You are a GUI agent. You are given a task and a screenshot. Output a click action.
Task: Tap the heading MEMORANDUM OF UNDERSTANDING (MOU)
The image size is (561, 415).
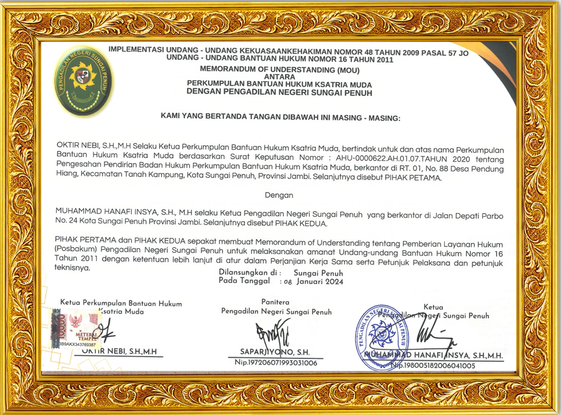point(280,69)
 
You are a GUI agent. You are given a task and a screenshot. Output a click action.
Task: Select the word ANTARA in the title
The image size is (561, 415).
point(280,76)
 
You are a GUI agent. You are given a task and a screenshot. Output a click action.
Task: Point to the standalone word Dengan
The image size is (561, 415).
point(278,195)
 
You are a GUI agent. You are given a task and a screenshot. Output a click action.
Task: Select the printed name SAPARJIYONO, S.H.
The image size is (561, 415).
point(274,352)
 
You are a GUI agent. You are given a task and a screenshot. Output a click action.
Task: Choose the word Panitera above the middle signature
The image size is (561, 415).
point(275,302)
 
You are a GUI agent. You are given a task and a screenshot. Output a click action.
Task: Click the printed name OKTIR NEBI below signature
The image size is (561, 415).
point(119,352)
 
